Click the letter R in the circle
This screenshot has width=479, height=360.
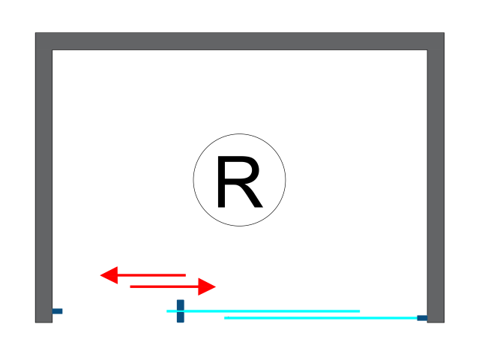239,181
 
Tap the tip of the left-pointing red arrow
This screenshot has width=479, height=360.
102,275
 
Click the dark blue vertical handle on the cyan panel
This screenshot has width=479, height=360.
180,311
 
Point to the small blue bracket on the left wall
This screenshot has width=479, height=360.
57,310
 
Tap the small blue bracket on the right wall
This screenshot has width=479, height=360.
422,318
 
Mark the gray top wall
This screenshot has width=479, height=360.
240,41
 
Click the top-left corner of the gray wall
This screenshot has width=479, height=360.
37,34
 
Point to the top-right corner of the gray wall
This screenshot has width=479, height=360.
442,34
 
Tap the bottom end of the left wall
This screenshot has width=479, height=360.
43,320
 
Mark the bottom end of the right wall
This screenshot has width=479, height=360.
436,320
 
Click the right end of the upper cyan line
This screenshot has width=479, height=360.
358,310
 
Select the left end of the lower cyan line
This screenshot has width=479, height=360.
226,318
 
